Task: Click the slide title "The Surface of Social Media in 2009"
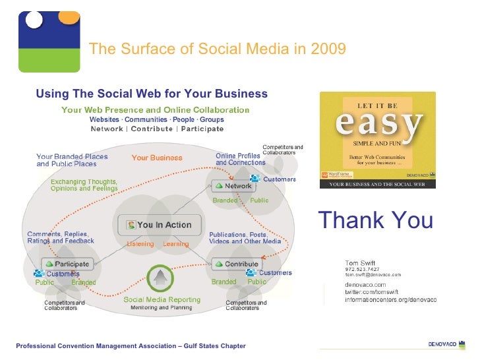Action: point(217,49)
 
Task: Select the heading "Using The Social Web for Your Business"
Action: point(152,94)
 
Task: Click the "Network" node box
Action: point(234,186)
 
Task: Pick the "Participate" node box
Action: point(66,264)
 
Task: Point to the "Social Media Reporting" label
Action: point(162,300)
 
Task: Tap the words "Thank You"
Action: point(375,220)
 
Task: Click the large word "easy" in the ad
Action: point(378,125)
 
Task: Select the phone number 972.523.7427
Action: point(362,269)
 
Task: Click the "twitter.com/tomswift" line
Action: point(373,291)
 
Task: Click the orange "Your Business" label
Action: point(157,158)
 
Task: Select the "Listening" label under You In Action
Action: point(140,244)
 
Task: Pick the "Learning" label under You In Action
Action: point(175,244)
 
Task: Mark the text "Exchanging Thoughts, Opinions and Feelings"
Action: point(84,185)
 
